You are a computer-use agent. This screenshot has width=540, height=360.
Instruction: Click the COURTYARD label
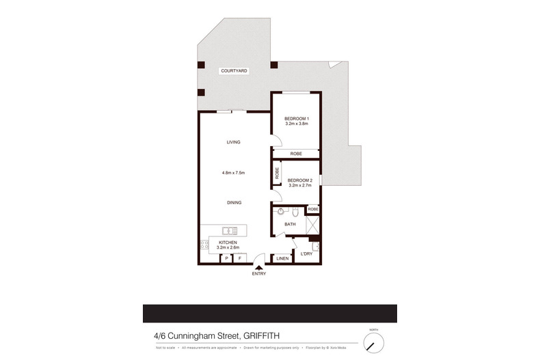[x=233, y=71]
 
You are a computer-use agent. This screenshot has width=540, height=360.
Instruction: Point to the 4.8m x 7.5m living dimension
[x=233, y=173]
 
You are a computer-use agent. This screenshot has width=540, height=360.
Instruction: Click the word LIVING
[x=233, y=142]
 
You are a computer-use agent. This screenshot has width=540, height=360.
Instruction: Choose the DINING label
[x=233, y=203]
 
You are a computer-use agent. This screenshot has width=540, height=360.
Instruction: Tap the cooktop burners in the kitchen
[x=204, y=244]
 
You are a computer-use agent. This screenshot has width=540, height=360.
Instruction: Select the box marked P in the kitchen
[x=226, y=259]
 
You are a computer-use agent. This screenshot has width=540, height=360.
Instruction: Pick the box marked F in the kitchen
[x=240, y=259]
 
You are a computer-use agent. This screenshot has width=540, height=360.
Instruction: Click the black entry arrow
[x=258, y=267]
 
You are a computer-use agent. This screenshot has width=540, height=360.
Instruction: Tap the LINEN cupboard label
[x=282, y=259]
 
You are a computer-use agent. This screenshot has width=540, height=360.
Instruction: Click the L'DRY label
[x=306, y=255]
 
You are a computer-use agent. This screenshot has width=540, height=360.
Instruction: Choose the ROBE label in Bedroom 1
[x=296, y=154]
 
